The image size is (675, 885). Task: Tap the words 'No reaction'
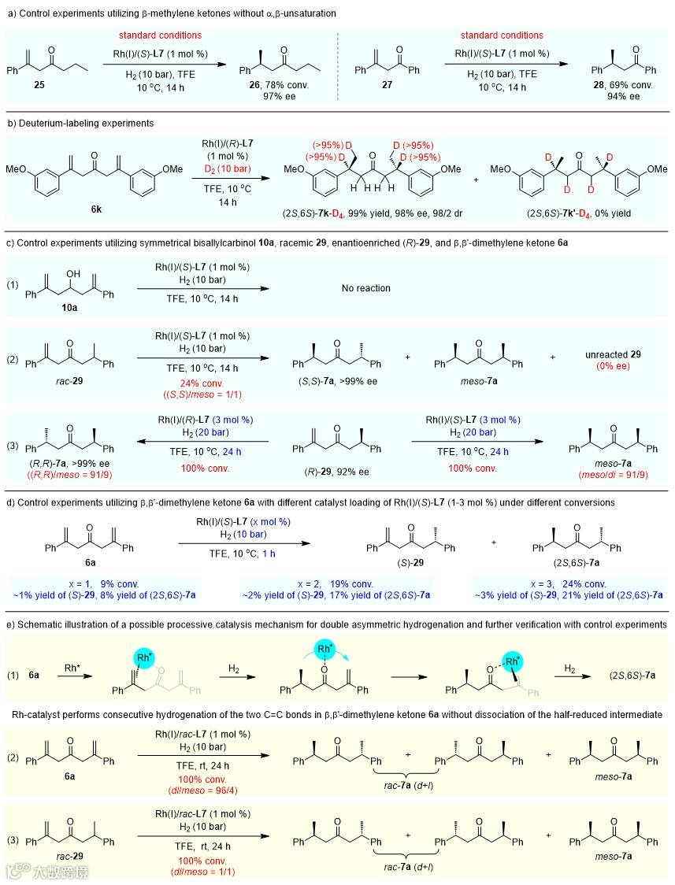[x=365, y=288]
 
